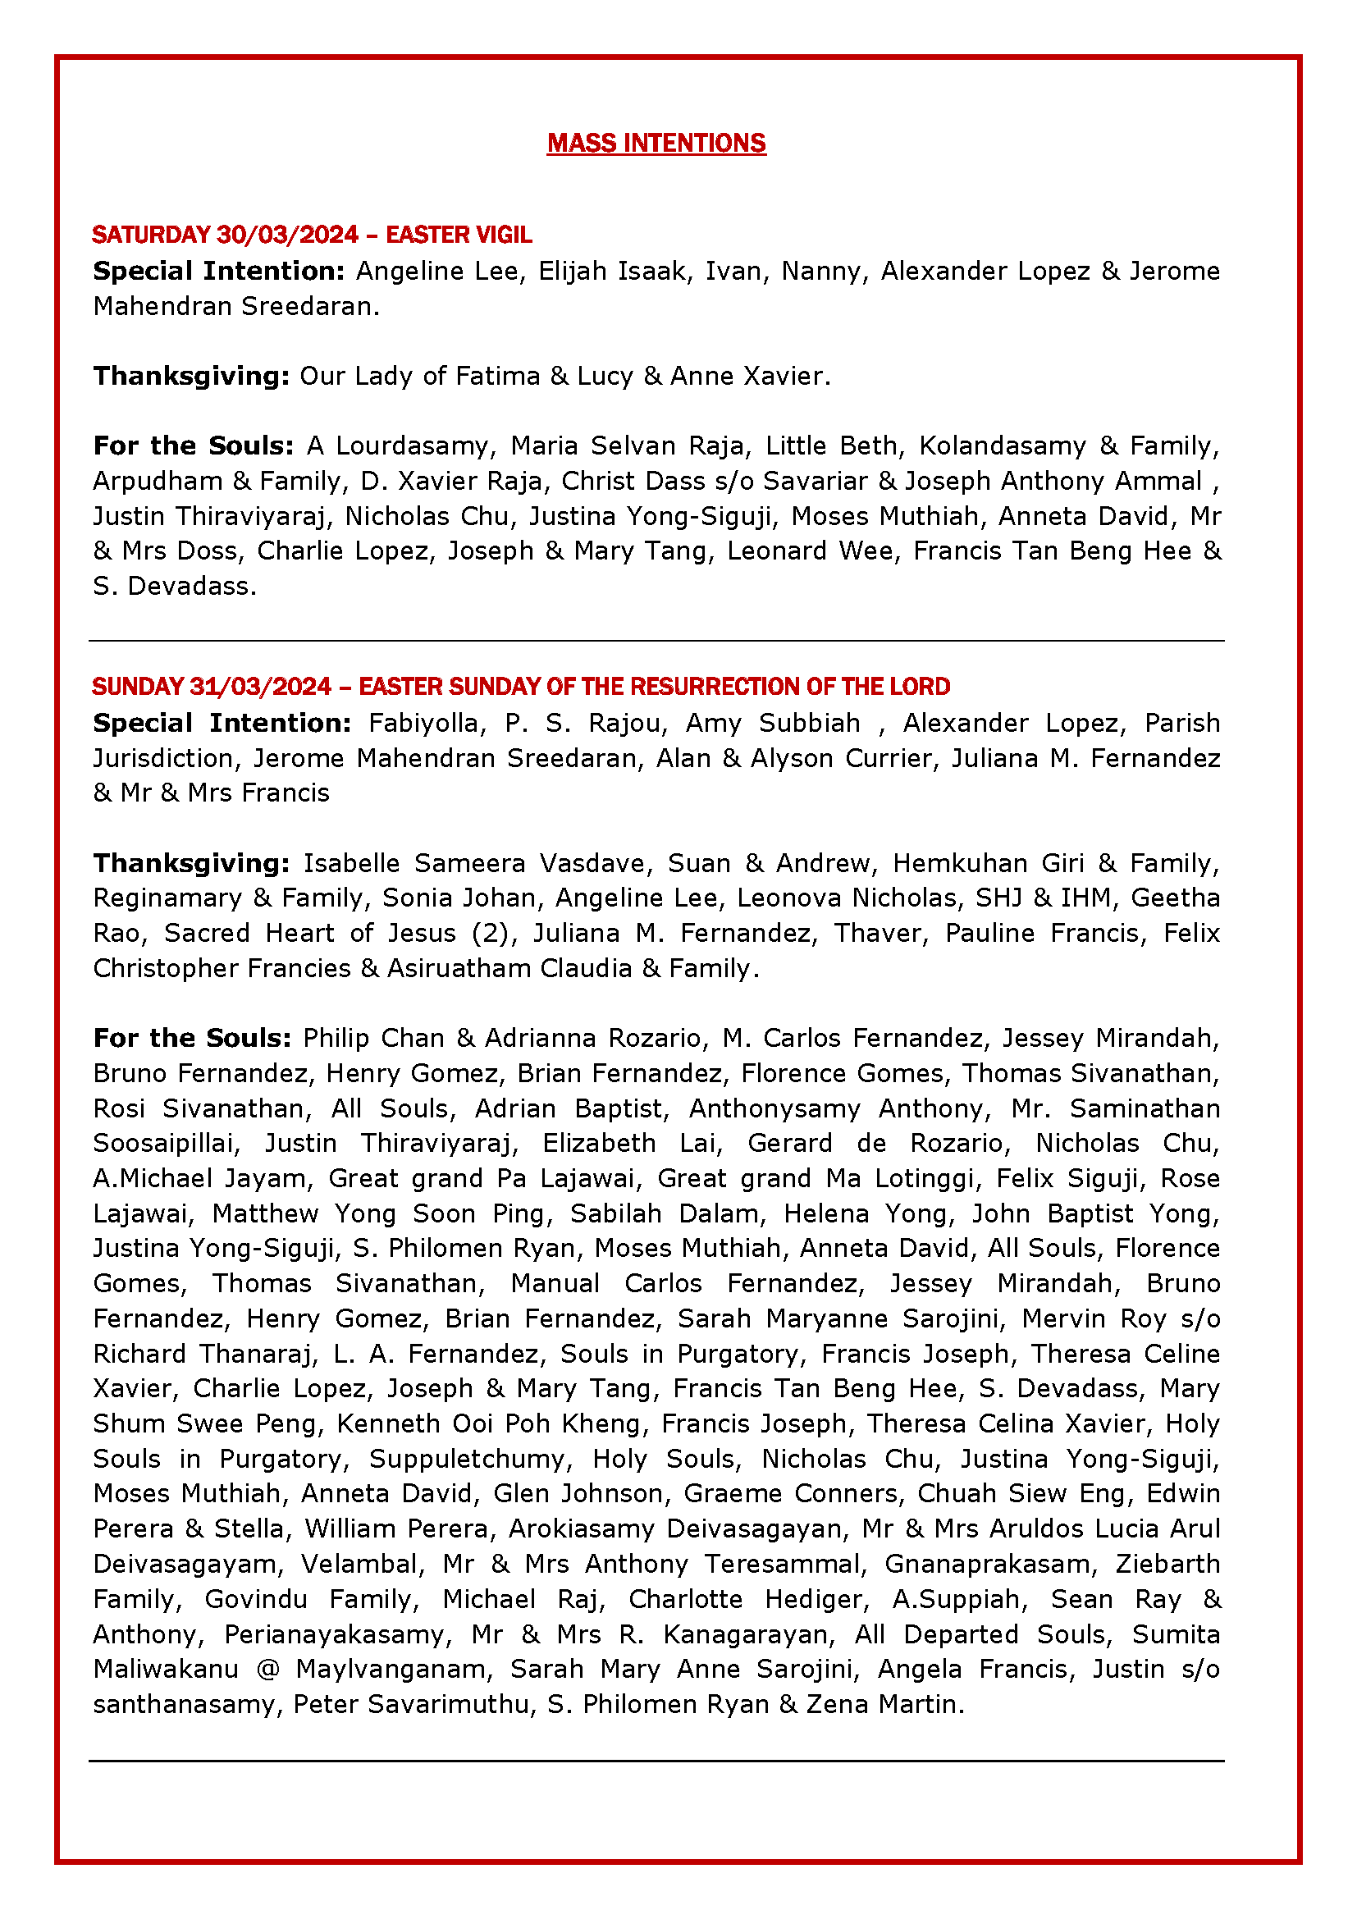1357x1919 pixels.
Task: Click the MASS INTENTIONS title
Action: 656,144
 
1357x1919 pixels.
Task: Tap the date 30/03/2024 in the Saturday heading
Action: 286,235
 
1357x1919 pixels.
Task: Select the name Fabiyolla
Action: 425,723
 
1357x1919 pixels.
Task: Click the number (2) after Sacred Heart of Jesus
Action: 491,933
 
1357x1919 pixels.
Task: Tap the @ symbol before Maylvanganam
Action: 267,1669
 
